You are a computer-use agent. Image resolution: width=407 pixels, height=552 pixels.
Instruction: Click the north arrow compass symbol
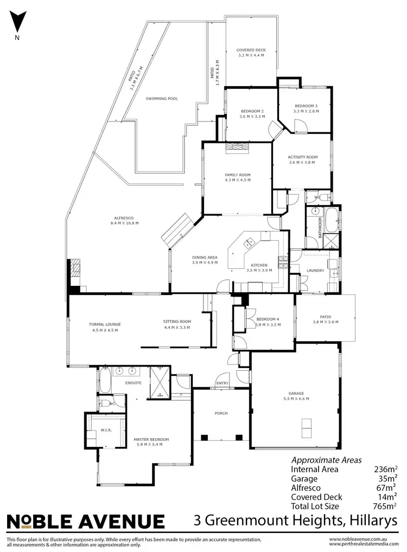pos(17,22)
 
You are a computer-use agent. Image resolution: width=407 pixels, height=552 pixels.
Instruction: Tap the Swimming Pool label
pos(162,99)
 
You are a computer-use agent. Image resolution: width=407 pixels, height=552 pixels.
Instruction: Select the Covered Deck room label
pos(251,50)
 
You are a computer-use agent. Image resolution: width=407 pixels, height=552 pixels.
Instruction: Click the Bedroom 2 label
pos(252,111)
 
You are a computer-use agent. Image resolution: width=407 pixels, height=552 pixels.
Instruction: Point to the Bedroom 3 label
pos(306,106)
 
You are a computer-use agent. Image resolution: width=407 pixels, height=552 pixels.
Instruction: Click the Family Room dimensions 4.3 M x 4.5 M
pos(237,179)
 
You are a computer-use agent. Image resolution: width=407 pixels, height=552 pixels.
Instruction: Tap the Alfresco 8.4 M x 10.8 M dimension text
pos(124,223)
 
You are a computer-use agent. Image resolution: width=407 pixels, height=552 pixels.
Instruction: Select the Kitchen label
pos(259,265)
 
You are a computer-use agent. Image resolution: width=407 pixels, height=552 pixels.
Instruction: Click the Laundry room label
pos(315,270)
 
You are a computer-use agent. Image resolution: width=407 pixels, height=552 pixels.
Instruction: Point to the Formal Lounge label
pos(105,324)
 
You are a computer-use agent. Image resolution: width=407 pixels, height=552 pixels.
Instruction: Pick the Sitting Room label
pos(177,322)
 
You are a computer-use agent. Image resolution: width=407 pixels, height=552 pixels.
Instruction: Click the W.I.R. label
pos(106,430)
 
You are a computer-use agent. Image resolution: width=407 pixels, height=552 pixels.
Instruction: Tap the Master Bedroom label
pos(151,439)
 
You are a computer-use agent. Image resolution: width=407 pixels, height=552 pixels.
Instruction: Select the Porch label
pos(221,413)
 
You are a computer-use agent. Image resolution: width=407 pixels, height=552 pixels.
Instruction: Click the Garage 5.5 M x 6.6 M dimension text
pos(296,399)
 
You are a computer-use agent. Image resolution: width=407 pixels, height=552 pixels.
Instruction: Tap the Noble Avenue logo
pos(85,522)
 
